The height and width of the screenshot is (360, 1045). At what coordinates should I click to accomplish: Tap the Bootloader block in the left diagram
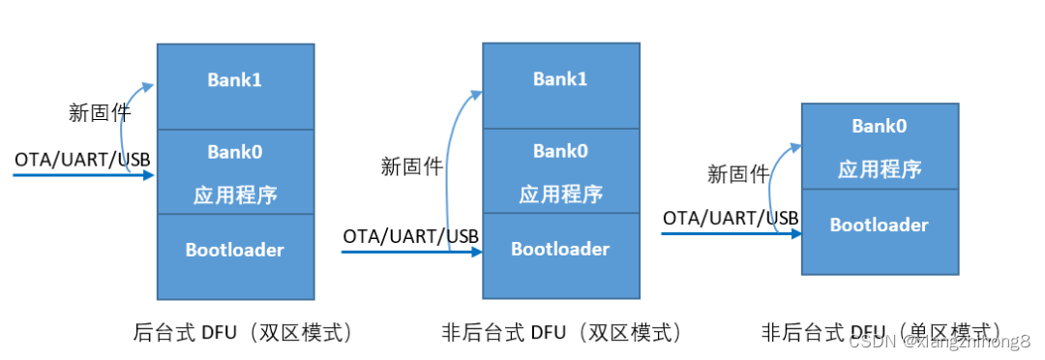tap(235, 250)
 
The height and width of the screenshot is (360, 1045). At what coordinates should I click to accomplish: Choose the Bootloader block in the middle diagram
tap(560, 249)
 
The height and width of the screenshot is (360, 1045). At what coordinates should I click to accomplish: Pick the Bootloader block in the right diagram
tap(879, 225)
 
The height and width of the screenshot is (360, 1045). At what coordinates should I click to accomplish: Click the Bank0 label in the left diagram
tap(235, 152)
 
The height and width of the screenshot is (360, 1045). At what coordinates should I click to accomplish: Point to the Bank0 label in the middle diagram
tap(560, 151)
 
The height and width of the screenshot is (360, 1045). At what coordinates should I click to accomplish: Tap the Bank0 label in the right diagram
tap(879, 126)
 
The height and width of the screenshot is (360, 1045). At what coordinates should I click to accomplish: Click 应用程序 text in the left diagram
tap(235, 195)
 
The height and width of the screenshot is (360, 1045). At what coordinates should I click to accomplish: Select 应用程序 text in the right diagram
tap(879, 169)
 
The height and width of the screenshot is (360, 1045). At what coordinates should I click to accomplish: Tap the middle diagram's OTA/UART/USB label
tap(411, 235)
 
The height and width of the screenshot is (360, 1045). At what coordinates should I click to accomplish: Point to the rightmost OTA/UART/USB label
tap(731, 218)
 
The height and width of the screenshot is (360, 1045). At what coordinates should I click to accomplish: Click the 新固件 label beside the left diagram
tap(100, 112)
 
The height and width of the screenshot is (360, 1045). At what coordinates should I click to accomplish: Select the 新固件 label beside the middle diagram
tap(411, 166)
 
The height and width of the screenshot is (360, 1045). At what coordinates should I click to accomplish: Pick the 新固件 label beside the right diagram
tap(737, 174)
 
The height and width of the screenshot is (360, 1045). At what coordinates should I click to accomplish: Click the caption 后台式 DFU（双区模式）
tap(242, 333)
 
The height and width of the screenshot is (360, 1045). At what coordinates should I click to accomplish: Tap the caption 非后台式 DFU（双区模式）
tap(562, 333)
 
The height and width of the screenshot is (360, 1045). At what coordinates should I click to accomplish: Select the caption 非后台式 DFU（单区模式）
tap(881, 332)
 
